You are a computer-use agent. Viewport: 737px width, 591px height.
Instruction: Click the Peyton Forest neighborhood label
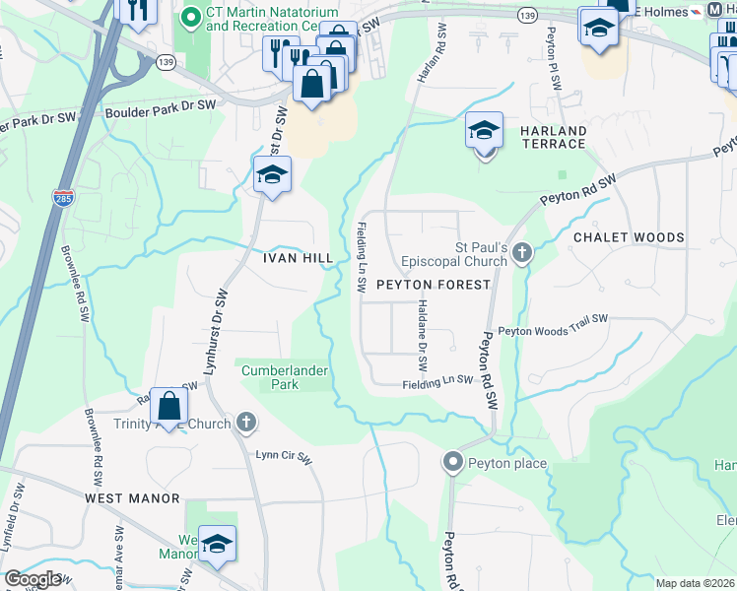(433, 284)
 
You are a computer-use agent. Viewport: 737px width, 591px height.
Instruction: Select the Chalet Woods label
(629, 237)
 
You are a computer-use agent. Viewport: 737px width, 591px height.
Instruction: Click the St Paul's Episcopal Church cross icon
(521, 253)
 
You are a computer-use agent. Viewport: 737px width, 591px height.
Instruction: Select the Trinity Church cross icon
(246, 424)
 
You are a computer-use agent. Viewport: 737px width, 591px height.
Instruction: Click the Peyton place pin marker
(453, 461)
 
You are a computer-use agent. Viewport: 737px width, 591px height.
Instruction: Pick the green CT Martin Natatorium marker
(191, 17)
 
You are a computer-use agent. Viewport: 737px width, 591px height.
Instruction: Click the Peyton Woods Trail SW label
(553, 331)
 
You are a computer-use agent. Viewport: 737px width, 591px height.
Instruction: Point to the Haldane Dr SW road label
(422, 335)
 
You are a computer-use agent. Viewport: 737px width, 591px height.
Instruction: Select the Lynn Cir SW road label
(284, 457)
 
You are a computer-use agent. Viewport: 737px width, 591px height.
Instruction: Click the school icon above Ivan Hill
(272, 175)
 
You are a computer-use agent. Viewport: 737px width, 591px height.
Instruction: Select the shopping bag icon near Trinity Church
(168, 405)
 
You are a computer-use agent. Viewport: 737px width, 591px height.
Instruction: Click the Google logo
(33, 579)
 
